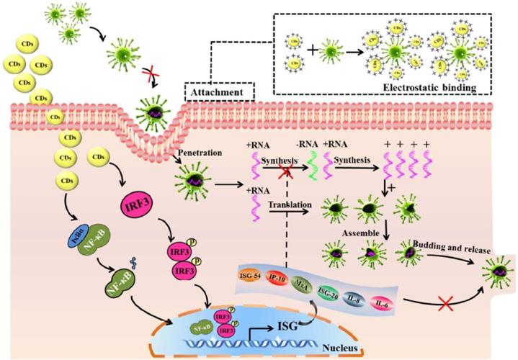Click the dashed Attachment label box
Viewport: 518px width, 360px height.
[220, 92]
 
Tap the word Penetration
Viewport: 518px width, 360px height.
[194, 154]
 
